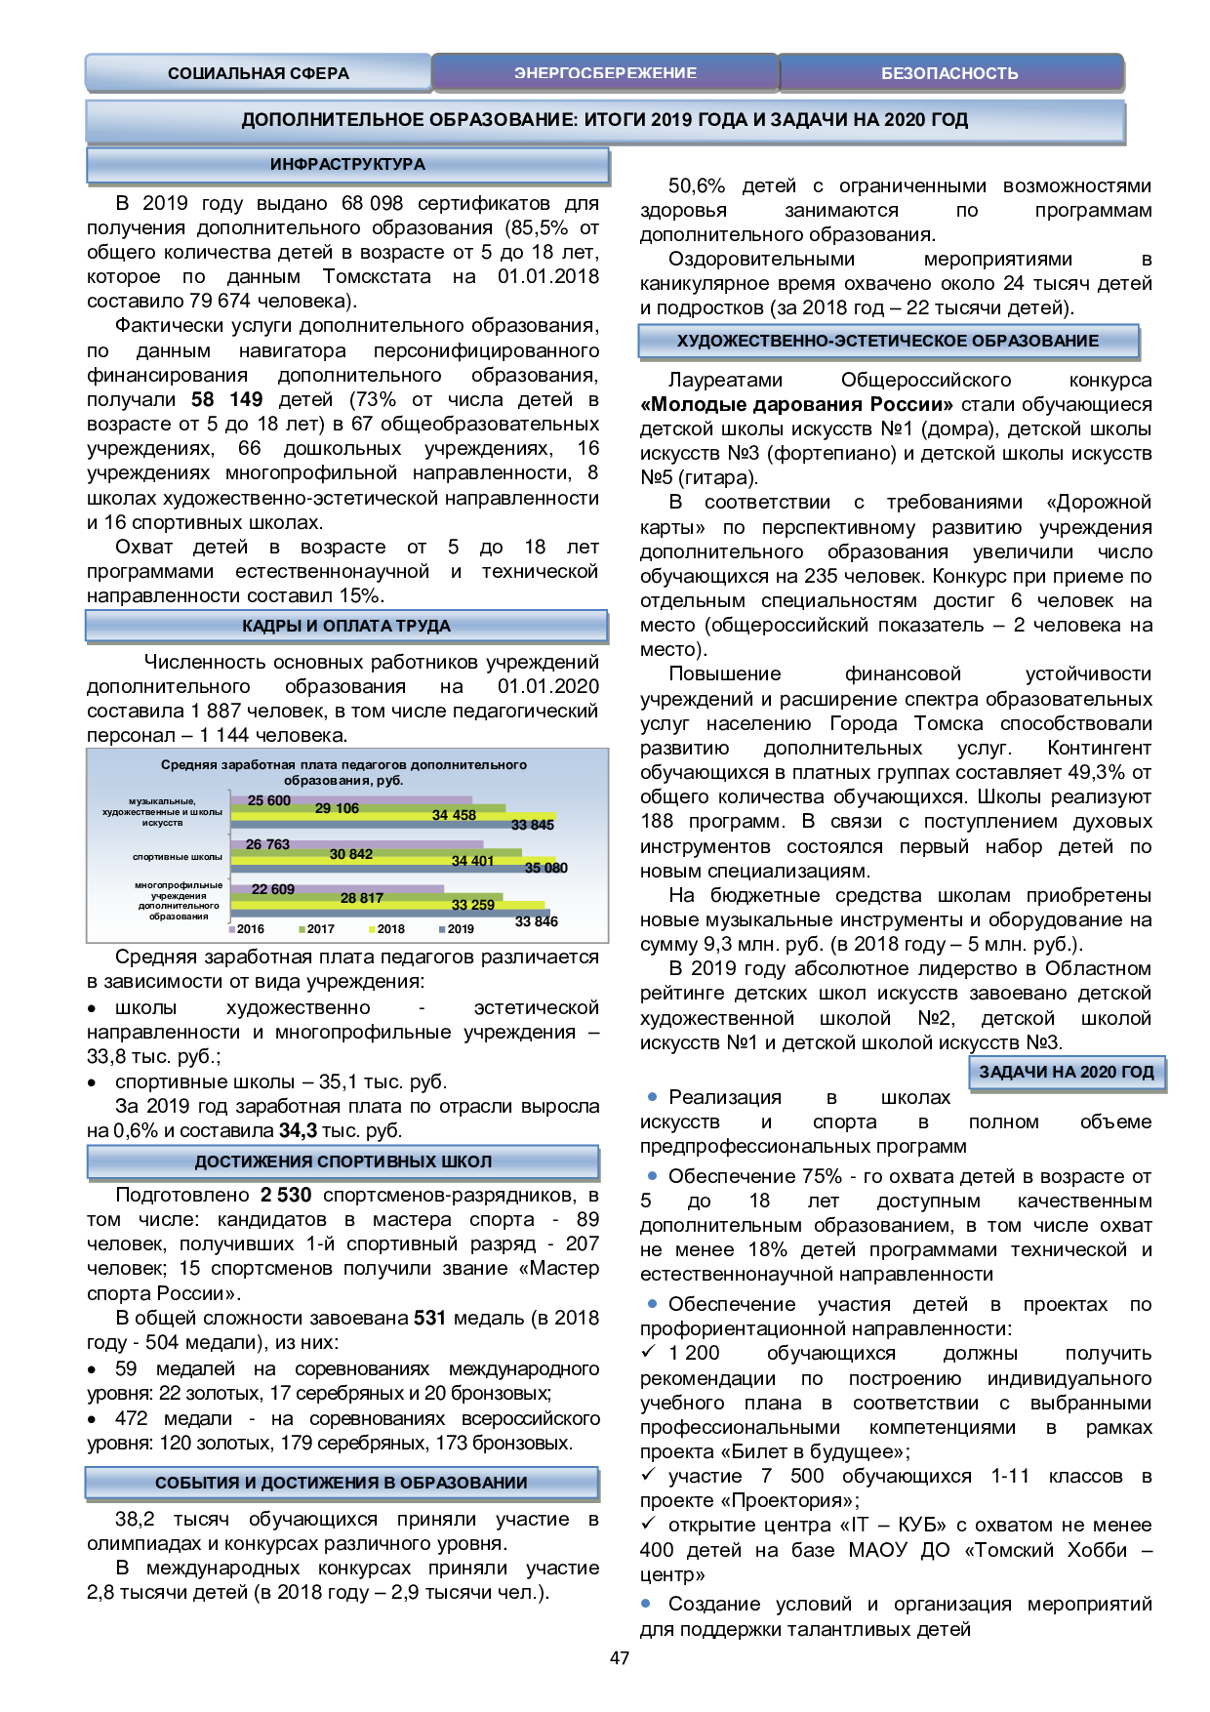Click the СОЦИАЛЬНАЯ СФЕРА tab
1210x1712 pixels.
coord(258,73)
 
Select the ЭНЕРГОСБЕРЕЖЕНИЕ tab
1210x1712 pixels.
coord(605,73)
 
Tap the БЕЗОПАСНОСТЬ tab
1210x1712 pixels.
coord(949,73)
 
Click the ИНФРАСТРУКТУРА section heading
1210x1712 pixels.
coord(347,165)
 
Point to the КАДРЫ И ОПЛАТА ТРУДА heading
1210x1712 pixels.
coord(346,627)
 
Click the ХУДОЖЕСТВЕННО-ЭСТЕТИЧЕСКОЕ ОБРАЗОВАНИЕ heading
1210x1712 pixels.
coord(888,342)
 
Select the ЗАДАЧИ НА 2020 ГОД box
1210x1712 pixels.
coord(1067,1073)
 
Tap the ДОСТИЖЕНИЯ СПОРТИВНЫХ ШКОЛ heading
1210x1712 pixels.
coord(343,1162)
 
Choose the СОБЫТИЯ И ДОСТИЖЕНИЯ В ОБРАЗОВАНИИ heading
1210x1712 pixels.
coord(342,1484)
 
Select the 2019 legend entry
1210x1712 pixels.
coord(460,929)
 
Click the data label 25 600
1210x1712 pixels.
coord(269,801)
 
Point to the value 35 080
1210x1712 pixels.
coord(545,868)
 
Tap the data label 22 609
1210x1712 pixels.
coord(273,889)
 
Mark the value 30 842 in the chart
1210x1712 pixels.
coord(351,854)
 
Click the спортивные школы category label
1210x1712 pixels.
coord(178,857)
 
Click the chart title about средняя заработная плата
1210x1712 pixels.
coord(343,772)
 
